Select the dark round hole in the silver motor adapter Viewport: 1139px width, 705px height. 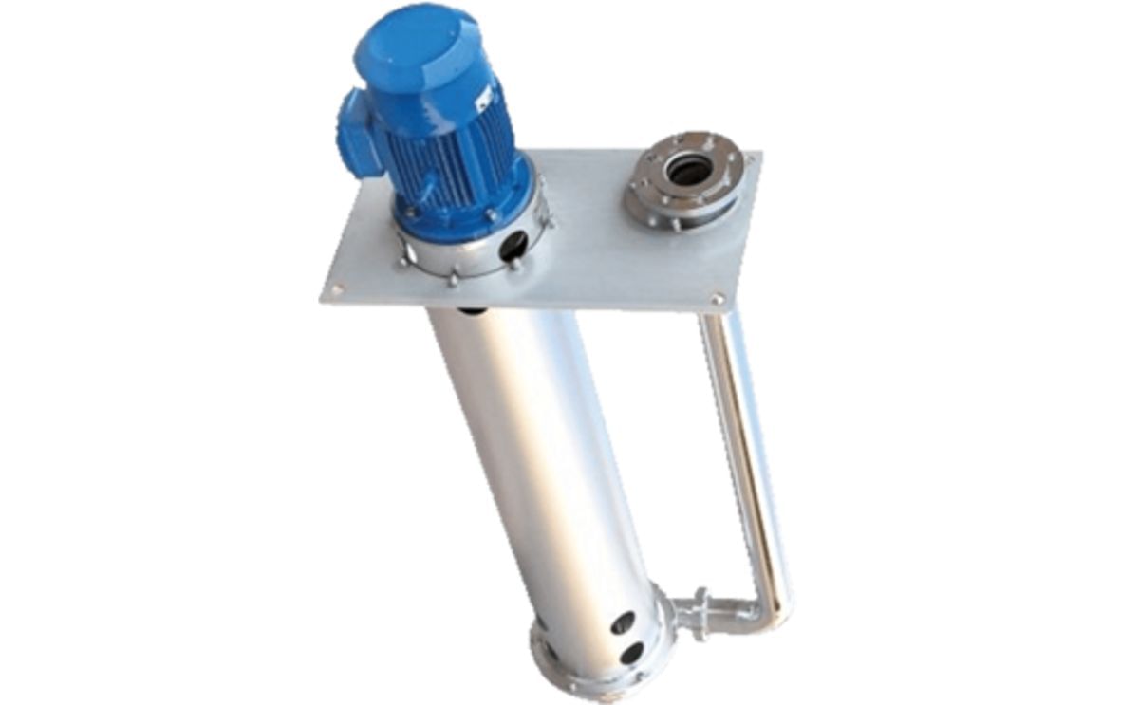pos(513,247)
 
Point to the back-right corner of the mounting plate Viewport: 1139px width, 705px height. pos(756,156)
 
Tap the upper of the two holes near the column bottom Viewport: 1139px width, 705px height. pos(623,622)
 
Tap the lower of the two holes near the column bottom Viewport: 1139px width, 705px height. pos(631,654)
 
